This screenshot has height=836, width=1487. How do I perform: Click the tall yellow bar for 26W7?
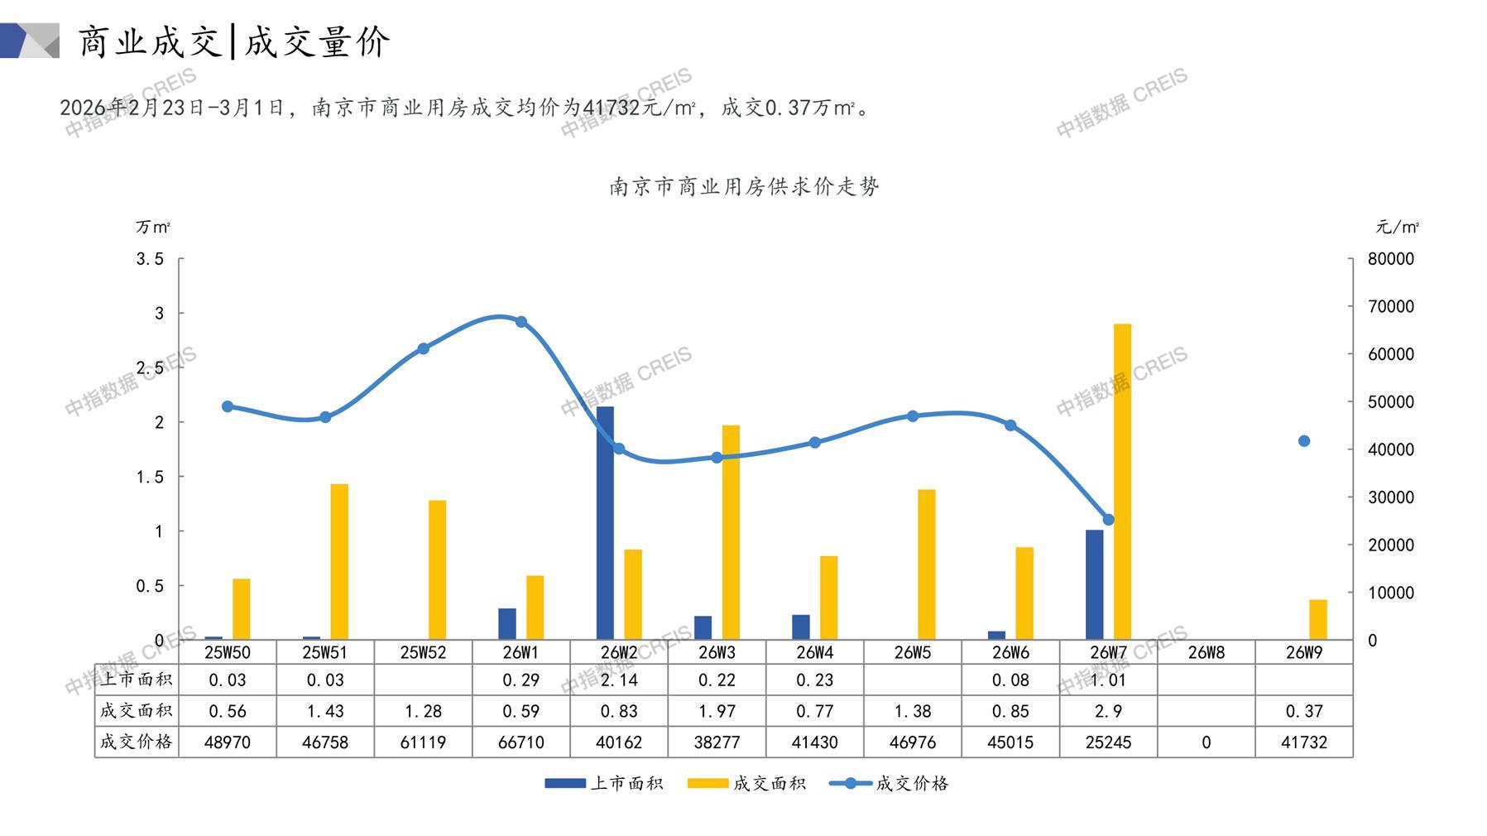(x=1122, y=480)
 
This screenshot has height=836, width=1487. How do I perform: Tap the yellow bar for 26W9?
(x=1317, y=619)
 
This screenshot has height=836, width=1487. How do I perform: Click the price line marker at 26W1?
(x=521, y=322)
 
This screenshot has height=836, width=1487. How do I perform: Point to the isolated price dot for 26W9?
(x=1304, y=441)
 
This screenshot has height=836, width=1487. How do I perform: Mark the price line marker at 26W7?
(x=1108, y=520)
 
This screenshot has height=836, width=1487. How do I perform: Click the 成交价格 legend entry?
(x=890, y=783)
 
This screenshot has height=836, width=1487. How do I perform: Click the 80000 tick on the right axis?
(x=1391, y=259)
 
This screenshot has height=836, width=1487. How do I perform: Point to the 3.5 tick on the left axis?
(x=150, y=259)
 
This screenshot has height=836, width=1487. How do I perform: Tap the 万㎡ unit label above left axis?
(x=153, y=227)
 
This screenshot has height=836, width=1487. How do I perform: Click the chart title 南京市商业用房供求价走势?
(x=744, y=186)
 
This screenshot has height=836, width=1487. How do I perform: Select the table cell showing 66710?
(x=521, y=742)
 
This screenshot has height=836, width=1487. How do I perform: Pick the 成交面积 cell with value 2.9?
(x=1108, y=711)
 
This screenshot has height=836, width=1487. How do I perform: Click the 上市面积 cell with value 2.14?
(x=619, y=680)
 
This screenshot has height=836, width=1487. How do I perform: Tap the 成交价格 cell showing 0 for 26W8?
(x=1206, y=742)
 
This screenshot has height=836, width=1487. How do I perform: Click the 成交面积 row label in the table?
(x=137, y=711)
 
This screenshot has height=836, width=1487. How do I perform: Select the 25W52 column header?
(x=423, y=652)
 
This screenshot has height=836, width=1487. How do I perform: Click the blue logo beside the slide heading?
(x=30, y=41)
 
